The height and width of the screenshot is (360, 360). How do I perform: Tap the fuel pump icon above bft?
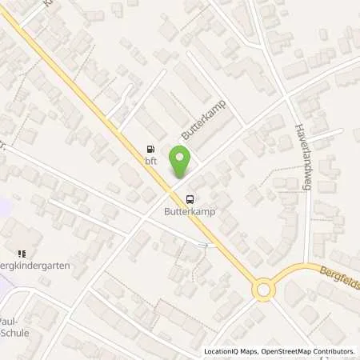(150, 148)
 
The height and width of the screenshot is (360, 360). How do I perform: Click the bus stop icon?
(190, 200)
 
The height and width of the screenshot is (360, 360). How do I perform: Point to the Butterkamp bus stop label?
(190, 214)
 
